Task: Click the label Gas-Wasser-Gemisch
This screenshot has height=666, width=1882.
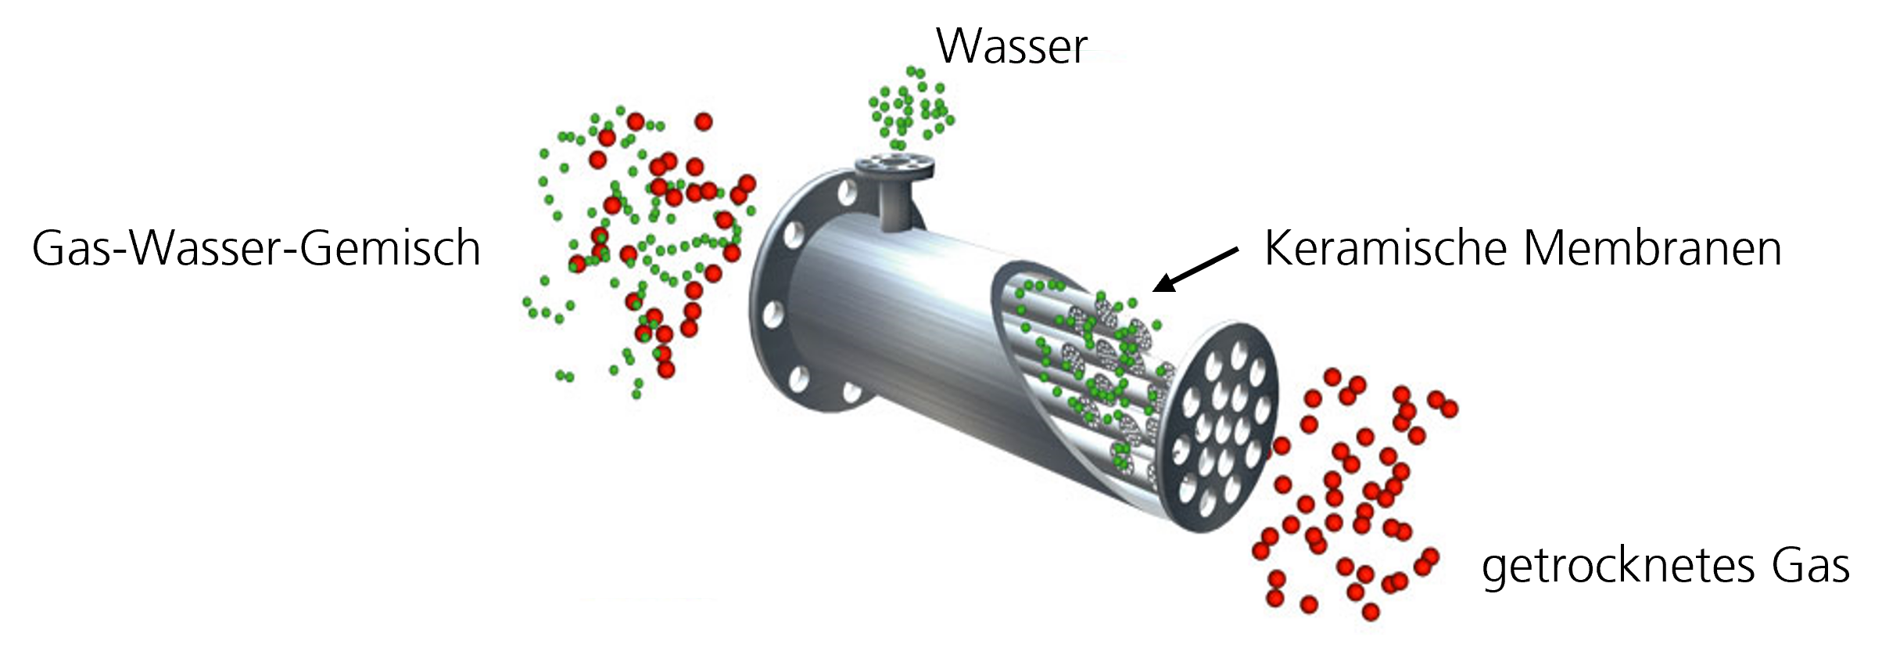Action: coord(256,250)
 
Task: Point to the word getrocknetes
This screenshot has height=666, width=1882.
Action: coord(1616,567)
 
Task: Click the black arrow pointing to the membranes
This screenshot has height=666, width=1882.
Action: coord(1196,270)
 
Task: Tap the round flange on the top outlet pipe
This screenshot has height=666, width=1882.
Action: coord(895,165)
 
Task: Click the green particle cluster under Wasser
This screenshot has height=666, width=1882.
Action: coord(910,109)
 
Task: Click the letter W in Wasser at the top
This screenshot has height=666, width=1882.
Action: coord(957,47)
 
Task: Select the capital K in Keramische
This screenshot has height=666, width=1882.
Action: coord(1278,250)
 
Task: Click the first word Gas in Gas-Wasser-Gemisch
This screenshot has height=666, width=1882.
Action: coord(73,250)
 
